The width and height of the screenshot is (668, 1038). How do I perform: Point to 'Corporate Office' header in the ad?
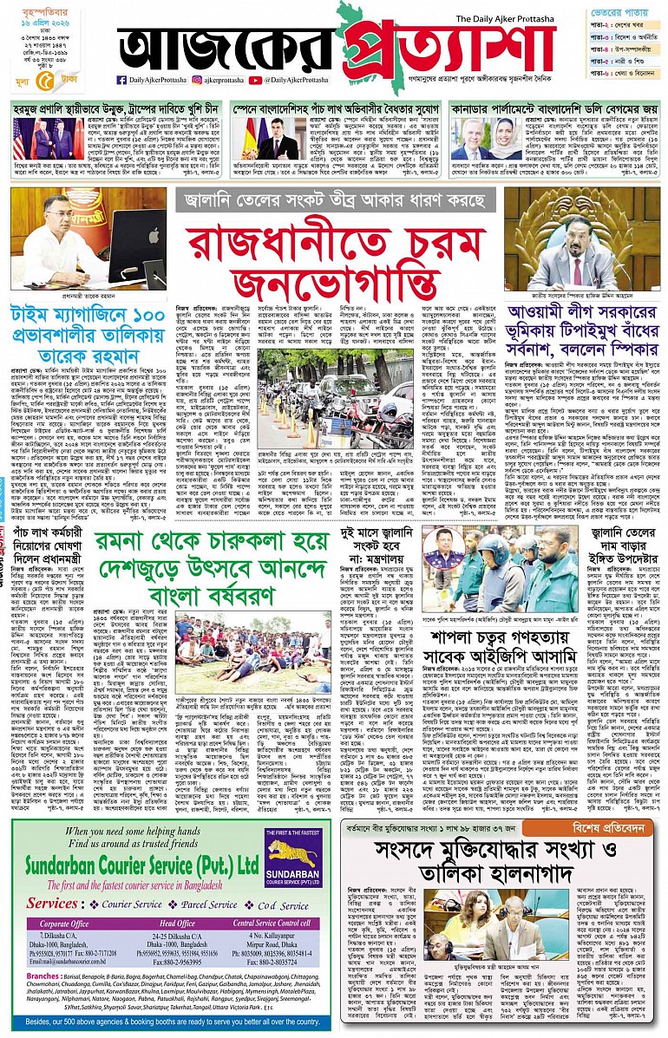click(x=64, y=924)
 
